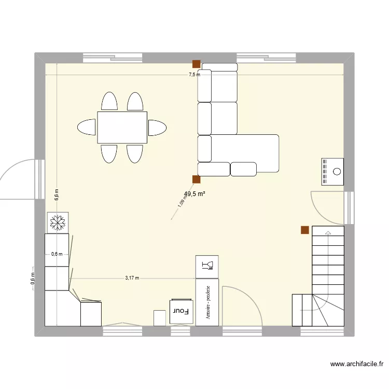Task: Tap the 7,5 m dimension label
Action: (x=194, y=75)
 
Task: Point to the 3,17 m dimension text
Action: (x=132, y=278)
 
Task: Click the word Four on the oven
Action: (x=180, y=311)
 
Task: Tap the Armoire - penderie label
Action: (x=207, y=303)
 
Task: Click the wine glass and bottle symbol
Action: (x=207, y=266)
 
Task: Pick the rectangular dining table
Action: (x=122, y=127)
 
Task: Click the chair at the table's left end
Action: (x=87, y=127)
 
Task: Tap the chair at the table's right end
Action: (x=157, y=127)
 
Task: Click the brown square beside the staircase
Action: (x=305, y=230)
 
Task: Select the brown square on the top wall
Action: (x=197, y=64)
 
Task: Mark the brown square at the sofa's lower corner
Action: (x=197, y=179)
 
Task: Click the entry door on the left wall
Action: (x=18, y=179)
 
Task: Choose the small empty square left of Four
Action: (x=160, y=318)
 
